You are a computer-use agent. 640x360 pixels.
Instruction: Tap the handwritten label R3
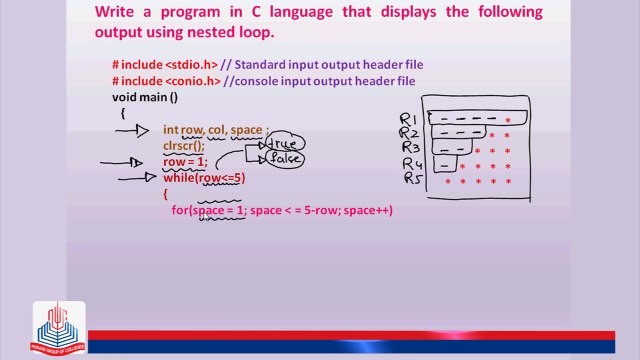[x=410, y=148]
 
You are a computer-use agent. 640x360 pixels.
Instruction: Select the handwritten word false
[x=285, y=158]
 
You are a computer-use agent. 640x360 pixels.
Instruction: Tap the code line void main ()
[x=145, y=97]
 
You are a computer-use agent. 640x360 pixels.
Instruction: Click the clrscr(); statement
[x=184, y=146]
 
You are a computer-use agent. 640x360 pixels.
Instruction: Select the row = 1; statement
[x=185, y=162]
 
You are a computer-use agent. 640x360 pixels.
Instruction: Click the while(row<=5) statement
[x=204, y=178]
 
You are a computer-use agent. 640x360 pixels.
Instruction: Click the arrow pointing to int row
[x=131, y=130]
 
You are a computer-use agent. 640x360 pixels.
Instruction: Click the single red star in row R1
[x=508, y=120]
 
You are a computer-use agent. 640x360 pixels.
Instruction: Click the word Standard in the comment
[x=260, y=65]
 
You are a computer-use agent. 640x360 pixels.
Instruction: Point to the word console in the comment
[x=258, y=81]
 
